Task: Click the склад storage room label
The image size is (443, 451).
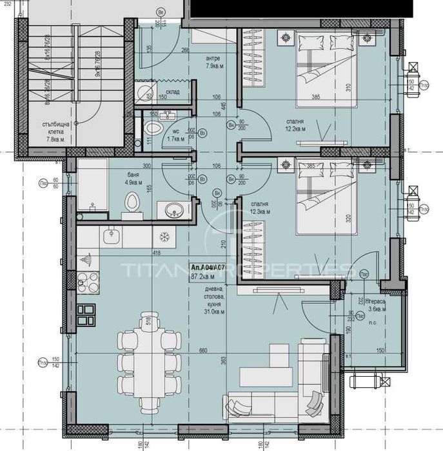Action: point(172,92)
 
